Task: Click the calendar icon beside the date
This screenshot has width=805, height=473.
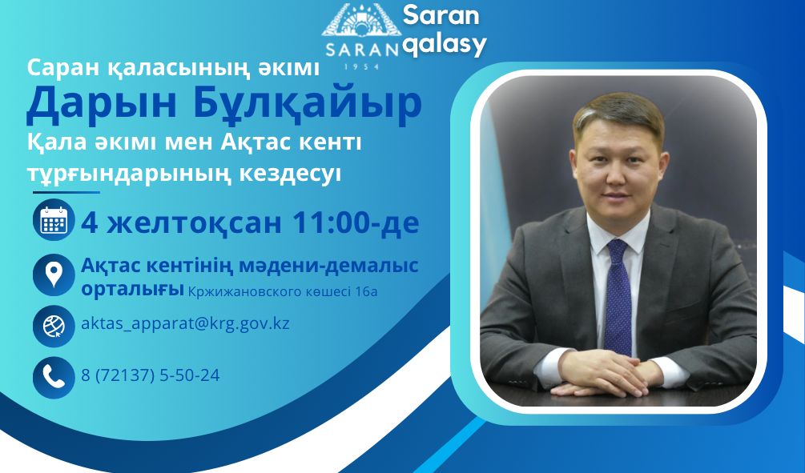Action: pyautogui.click(x=54, y=220)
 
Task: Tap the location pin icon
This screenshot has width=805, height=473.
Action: pyautogui.click(x=54, y=275)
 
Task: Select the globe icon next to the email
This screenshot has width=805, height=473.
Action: pyautogui.click(x=54, y=326)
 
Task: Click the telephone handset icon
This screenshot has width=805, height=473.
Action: pyautogui.click(x=54, y=375)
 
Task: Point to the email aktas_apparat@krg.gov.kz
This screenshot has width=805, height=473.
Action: pyautogui.click(x=185, y=324)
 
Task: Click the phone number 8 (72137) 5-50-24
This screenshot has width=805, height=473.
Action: pyautogui.click(x=151, y=374)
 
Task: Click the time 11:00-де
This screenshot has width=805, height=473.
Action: pyautogui.click(x=355, y=222)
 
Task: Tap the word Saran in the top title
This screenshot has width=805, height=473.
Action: pyautogui.click(x=440, y=14)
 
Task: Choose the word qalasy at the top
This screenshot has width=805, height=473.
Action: pyautogui.click(x=444, y=46)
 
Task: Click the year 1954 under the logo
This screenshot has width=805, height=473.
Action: pyautogui.click(x=361, y=67)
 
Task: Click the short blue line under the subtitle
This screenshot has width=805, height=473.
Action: pyautogui.click(x=66, y=192)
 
